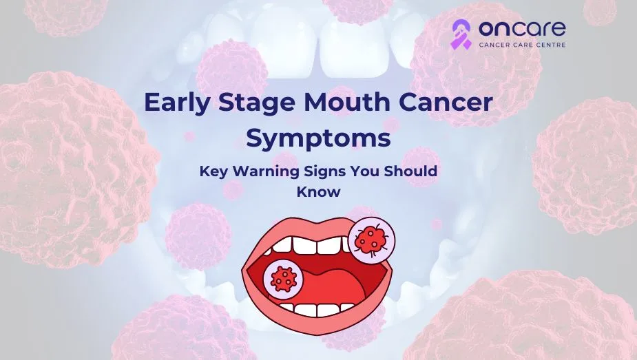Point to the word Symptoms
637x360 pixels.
point(318,138)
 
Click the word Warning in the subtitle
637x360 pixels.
point(262,171)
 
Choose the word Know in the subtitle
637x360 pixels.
point(318,192)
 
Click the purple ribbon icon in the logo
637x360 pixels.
point(461,34)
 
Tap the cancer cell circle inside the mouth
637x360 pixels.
point(282,279)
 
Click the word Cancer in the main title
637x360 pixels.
point(451,104)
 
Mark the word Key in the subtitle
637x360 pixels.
point(213,171)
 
